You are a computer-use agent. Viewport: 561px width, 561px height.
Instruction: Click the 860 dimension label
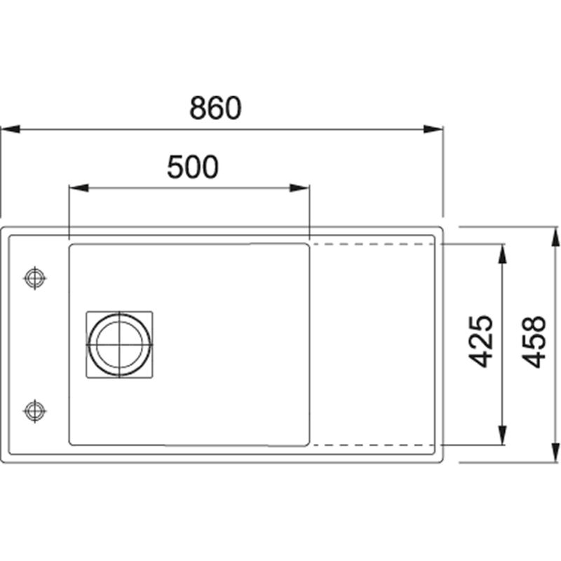(215, 107)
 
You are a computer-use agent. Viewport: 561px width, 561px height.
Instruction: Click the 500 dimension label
(192, 167)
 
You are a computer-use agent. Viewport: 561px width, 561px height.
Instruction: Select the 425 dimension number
(480, 342)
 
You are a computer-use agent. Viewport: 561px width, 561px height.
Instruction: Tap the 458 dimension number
(533, 342)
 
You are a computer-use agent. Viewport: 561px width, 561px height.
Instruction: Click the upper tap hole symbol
(34, 278)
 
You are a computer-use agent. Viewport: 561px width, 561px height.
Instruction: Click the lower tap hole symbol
(34, 411)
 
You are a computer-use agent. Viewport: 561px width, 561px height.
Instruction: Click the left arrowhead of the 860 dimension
(11, 129)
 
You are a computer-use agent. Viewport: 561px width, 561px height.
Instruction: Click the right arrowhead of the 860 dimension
(433, 129)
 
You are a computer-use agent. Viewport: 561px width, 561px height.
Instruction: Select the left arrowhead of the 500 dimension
(79, 188)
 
